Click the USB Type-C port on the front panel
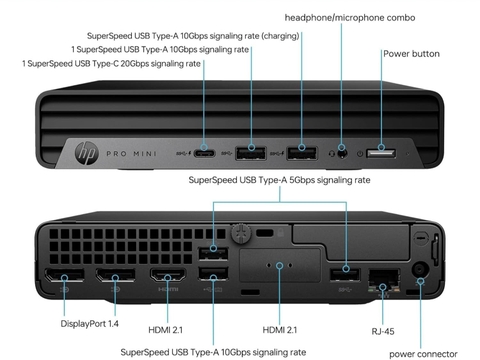click(x=204, y=153)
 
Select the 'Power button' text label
click(x=411, y=54)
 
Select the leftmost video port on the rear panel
click(x=62, y=282)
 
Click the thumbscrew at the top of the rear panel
click(x=241, y=233)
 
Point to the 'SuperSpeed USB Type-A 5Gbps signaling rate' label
click(x=280, y=180)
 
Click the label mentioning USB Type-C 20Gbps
click(x=111, y=64)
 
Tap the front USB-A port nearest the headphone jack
click(x=301, y=152)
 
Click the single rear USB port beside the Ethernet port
click(x=347, y=270)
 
